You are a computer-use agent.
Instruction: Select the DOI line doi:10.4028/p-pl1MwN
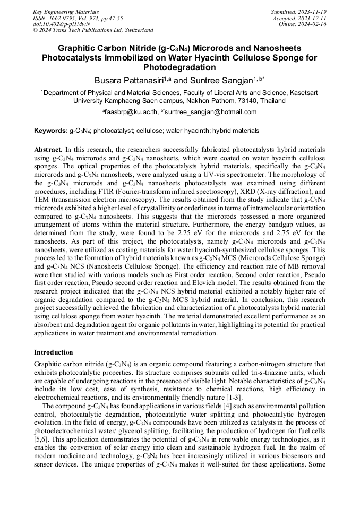pyautogui.click(x=61, y=24)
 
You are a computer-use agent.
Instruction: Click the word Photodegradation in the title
pyautogui.click(x=179, y=67)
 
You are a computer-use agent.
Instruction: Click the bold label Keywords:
pyautogui.click(x=51, y=130)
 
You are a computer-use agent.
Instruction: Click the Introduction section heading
pyautogui.click(x=53, y=352)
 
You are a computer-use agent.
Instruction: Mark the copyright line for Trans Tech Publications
pyautogui.click(x=93, y=30)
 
